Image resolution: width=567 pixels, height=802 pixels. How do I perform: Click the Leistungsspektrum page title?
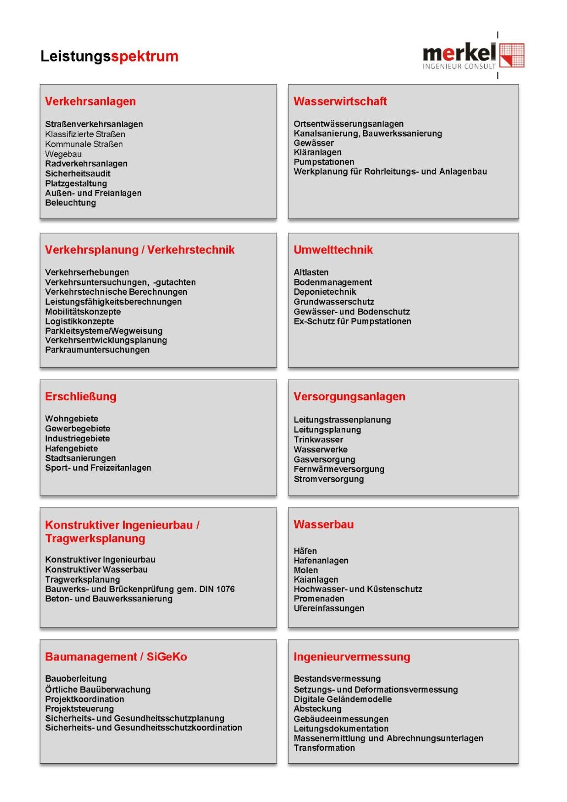click(109, 56)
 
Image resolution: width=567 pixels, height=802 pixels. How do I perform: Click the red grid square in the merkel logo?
click(512, 55)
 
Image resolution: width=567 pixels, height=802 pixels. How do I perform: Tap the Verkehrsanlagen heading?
click(90, 102)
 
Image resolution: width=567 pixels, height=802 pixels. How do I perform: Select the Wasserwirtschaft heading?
click(340, 102)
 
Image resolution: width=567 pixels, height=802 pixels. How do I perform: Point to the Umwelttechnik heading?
click(333, 250)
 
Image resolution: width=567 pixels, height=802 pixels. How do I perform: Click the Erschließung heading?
click(80, 397)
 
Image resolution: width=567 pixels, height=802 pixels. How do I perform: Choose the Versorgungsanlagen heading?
click(349, 397)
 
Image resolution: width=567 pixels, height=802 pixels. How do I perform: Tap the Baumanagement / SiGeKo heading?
click(116, 657)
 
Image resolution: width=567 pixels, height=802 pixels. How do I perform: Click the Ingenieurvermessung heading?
click(352, 657)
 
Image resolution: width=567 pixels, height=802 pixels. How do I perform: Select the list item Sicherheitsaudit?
click(78, 174)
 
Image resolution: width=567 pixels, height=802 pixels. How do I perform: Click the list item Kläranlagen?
click(318, 152)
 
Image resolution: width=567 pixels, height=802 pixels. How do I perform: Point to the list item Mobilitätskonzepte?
click(83, 312)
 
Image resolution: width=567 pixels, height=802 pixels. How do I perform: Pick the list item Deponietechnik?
click(325, 292)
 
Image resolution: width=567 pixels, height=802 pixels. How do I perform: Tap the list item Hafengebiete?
click(71, 449)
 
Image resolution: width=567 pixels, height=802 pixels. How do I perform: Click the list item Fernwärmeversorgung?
click(339, 469)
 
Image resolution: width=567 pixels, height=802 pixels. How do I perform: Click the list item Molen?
click(306, 570)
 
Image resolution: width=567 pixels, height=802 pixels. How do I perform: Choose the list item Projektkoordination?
click(85, 699)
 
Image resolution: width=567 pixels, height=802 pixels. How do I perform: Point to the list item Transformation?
click(324, 748)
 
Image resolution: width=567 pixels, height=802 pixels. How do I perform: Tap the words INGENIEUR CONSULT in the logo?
click(459, 67)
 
